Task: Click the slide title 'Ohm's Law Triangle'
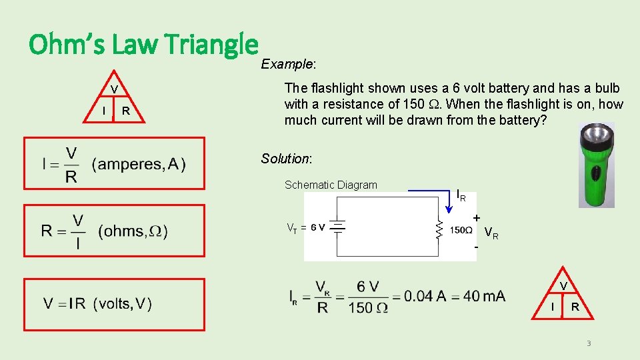tap(143, 45)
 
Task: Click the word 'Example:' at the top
tap(288, 65)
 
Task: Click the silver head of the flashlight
tap(595, 142)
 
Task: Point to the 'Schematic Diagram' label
tap(331, 185)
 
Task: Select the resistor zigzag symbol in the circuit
tap(439, 231)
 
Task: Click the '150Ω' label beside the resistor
tap(461, 231)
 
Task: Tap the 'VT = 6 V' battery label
tap(306, 227)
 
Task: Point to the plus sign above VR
tap(476, 218)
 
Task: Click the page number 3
tap(589, 343)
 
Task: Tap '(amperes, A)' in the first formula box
tap(139, 164)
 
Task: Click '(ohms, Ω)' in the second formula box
tap(133, 231)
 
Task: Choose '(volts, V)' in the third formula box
tap(123, 304)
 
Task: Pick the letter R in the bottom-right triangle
tap(575, 307)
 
